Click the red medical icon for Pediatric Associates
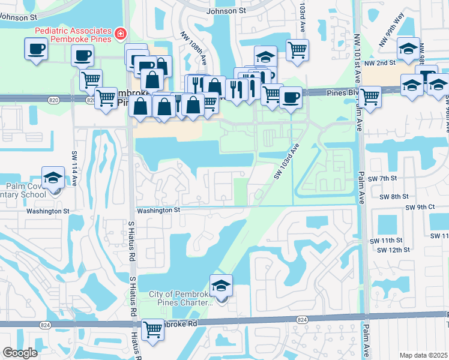coord(121,34)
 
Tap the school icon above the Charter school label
coord(221,286)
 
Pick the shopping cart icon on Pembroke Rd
coord(153,329)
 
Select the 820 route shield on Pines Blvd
coord(89,101)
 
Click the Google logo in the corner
coord(20,353)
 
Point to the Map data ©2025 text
coord(423,355)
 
